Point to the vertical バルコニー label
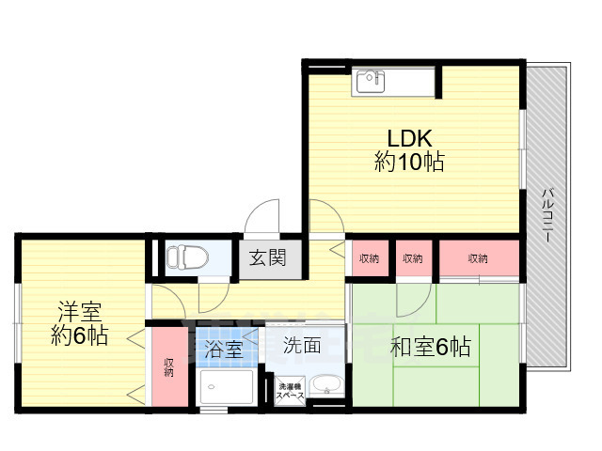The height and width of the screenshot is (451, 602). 547,215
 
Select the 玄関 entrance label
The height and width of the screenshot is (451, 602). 261,256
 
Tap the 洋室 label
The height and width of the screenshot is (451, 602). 78,312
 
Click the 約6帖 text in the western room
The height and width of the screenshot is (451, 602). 78,335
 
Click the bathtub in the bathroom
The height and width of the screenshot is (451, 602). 226,388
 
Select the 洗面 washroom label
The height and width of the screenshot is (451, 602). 302,346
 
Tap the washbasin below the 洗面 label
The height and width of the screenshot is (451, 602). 326,386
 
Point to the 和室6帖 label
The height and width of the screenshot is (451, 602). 431,348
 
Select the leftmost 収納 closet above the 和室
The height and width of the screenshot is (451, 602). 369,257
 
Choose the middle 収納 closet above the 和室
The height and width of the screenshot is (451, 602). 412,257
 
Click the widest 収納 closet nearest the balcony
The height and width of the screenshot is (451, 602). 478,257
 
